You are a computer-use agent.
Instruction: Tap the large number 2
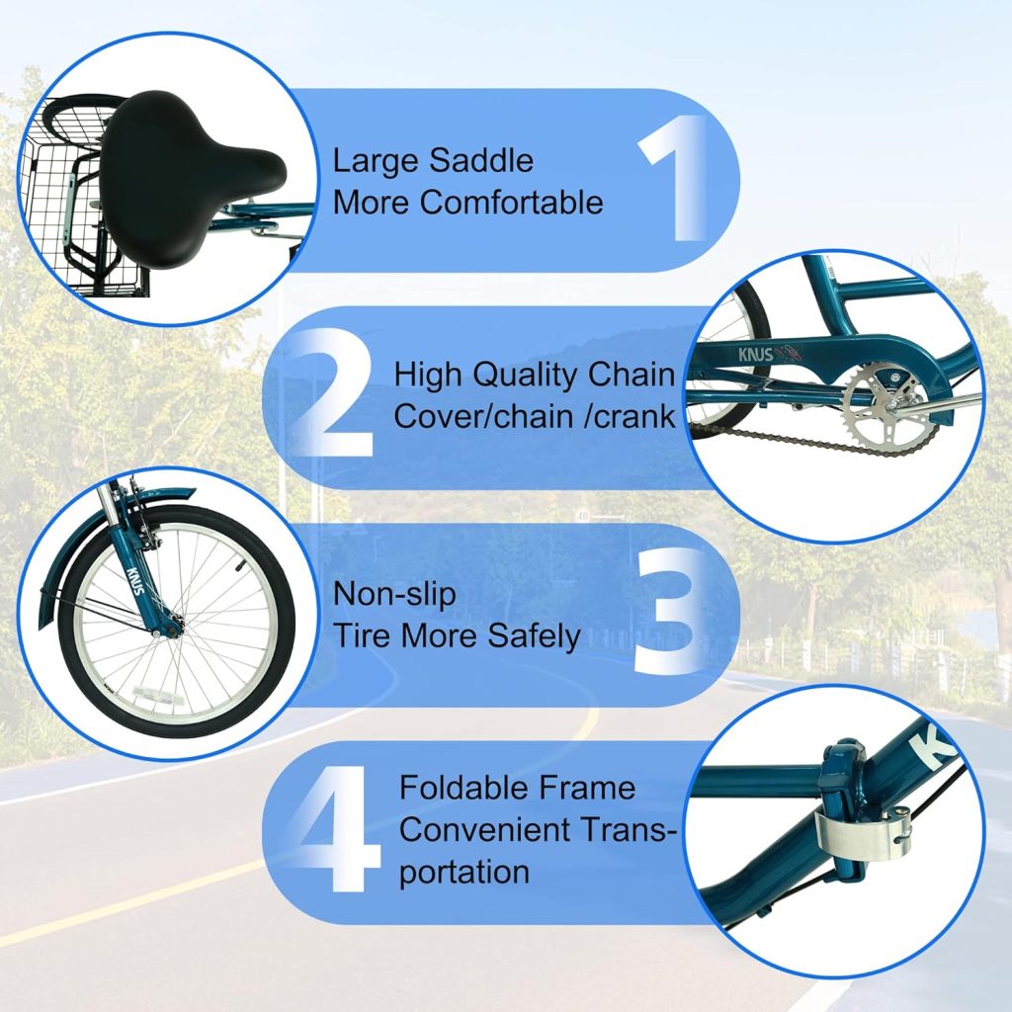click(x=329, y=393)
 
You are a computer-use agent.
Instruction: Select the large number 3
click(x=668, y=611)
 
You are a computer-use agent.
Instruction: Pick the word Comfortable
click(x=512, y=202)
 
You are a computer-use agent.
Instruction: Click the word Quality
click(x=519, y=376)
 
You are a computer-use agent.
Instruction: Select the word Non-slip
click(x=393, y=594)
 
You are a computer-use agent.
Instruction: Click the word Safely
click(x=534, y=636)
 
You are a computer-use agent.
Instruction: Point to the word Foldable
click(x=461, y=788)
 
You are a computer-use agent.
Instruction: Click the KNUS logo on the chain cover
click(x=756, y=355)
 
